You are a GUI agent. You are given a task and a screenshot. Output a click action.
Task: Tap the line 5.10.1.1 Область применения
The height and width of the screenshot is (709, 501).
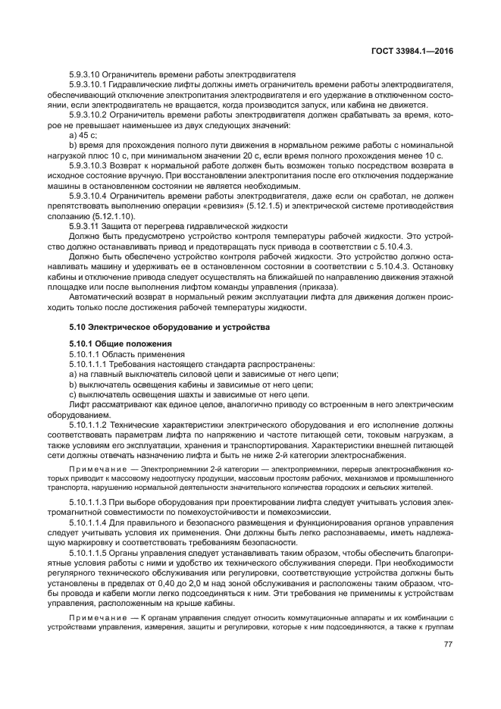116,354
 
